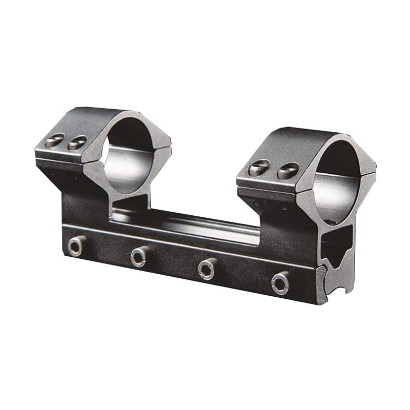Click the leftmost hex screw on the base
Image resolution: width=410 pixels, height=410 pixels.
click(x=76, y=247)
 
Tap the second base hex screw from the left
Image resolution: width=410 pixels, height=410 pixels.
click(x=139, y=256)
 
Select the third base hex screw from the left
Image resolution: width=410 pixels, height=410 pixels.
click(x=208, y=269)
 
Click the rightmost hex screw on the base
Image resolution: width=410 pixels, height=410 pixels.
click(x=280, y=282)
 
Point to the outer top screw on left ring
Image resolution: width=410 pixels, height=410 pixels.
click(x=54, y=140)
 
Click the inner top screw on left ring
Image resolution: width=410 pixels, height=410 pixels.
click(x=77, y=142)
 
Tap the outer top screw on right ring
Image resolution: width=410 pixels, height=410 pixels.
click(x=259, y=168)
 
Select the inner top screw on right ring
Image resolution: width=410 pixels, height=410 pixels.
click(x=288, y=171)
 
